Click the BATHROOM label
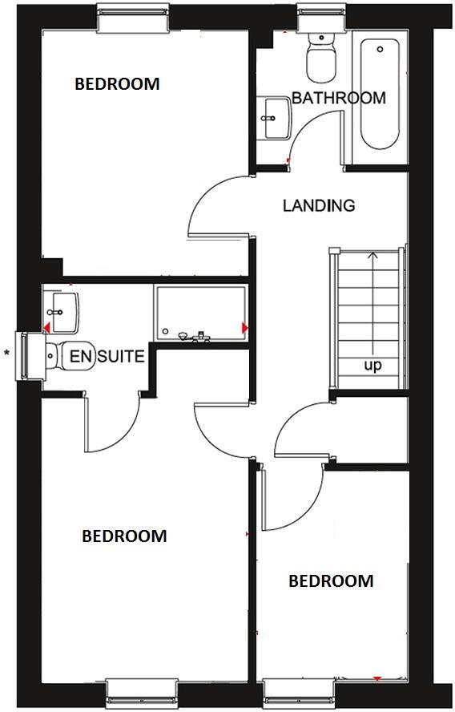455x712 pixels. [x=338, y=98]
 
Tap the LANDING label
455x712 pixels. [x=319, y=205]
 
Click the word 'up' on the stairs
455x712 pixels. [x=372, y=365]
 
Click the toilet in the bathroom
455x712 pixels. [x=321, y=58]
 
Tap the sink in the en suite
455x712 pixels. [x=62, y=310]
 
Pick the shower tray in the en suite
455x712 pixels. [x=200, y=314]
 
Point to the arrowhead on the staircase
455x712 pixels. [x=372, y=257]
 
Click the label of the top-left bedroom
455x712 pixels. [x=117, y=83]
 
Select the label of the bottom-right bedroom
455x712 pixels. [x=331, y=581]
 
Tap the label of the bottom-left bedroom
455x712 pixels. [x=124, y=536]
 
